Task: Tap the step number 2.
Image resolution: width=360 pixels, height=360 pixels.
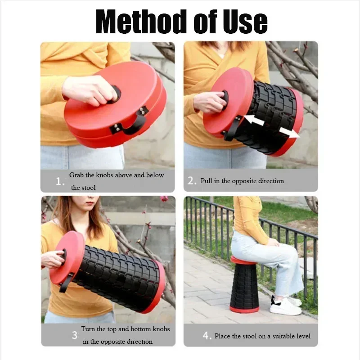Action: [192, 181]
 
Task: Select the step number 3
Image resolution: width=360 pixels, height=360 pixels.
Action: [74, 335]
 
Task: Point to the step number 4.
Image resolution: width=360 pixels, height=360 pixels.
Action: [207, 336]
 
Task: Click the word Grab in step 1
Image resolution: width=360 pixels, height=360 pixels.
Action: [77, 175]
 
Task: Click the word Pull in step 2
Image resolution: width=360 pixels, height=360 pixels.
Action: [207, 181]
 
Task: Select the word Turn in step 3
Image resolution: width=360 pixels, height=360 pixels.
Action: [88, 329]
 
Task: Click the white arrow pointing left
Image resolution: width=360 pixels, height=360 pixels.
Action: [254, 120]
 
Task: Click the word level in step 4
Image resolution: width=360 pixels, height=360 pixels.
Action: [302, 336]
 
